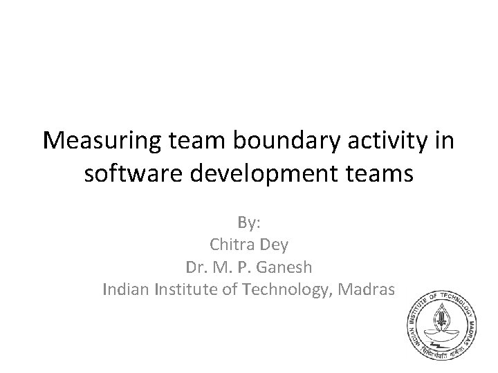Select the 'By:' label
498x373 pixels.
[248, 223]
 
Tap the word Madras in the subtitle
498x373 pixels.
[369, 289]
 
